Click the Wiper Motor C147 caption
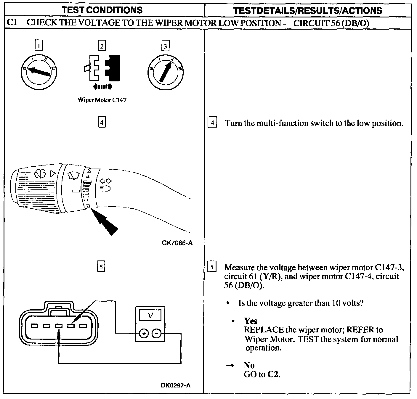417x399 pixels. (102, 100)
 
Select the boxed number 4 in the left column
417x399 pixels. (102, 122)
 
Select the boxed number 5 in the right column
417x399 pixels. (212, 267)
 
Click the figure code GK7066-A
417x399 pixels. (177, 243)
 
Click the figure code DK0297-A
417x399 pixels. (176, 385)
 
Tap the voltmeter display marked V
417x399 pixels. (150, 316)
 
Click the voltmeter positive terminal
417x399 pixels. (144, 334)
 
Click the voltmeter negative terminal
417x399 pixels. (157, 334)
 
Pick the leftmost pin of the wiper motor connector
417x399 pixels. (35, 326)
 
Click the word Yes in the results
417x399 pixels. (251, 321)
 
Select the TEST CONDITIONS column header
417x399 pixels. (102, 10)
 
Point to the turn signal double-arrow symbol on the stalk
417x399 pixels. (106, 181)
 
